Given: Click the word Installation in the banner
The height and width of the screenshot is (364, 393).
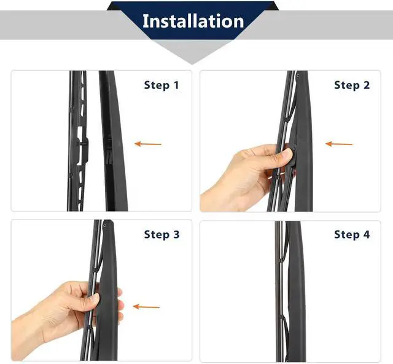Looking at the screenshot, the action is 193,21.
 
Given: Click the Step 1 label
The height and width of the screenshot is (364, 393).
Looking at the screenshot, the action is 161,85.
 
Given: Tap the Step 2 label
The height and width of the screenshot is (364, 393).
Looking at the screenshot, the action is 352,85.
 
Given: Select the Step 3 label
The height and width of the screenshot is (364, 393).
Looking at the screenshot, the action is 162,235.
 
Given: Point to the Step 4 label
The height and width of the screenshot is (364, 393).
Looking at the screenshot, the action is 352,235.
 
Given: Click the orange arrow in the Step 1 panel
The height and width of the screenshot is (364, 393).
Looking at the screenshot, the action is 148,144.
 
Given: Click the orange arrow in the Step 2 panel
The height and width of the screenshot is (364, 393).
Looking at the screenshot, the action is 339,144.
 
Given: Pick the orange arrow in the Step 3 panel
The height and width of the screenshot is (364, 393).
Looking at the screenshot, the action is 146,307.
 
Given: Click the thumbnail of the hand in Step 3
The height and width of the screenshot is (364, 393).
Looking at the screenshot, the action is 95,298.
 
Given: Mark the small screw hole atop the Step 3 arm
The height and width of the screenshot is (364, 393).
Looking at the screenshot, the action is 104,226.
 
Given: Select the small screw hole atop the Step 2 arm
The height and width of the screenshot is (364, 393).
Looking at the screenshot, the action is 297,75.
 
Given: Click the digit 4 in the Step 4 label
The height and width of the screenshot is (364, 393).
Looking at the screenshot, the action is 367,234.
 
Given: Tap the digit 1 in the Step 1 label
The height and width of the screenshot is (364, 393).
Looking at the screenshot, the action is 176,85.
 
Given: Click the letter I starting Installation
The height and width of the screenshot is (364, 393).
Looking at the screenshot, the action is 145,21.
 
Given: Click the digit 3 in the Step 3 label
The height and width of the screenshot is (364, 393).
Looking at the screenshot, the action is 176,234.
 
